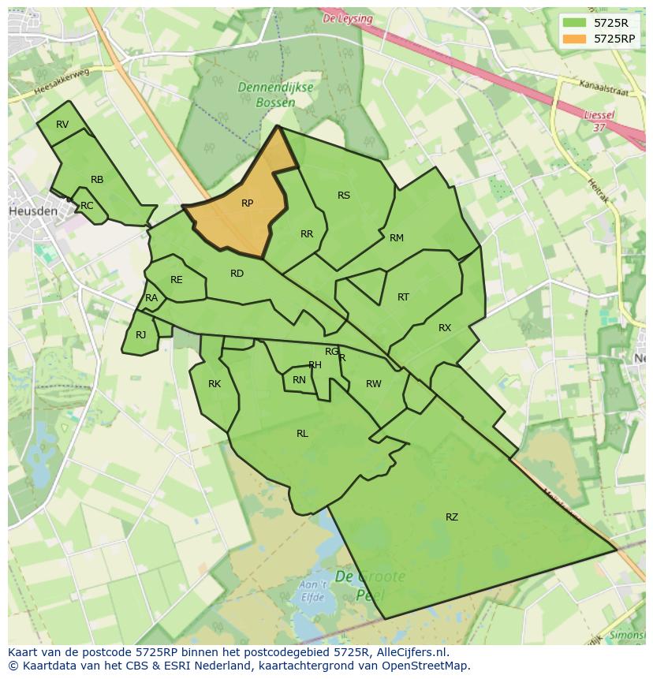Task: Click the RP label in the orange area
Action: coord(247,203)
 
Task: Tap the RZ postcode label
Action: coord(452,517)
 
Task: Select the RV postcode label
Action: coord(62,125)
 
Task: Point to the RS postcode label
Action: coord(344,196)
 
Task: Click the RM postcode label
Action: coord(397,238)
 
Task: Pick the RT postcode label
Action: coord(403,297)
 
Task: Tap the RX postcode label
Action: coord(445,328)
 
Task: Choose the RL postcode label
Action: coord(302,434)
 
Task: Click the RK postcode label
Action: coord(215,384)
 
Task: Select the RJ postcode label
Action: coord(140,335)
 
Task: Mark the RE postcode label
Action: coord(177,280)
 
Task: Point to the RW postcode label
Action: coord(374,384)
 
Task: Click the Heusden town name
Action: coord(32,212)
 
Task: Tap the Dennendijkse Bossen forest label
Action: coord(277,95)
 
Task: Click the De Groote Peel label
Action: coord(369,584)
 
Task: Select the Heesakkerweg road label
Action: coord(63,82)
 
